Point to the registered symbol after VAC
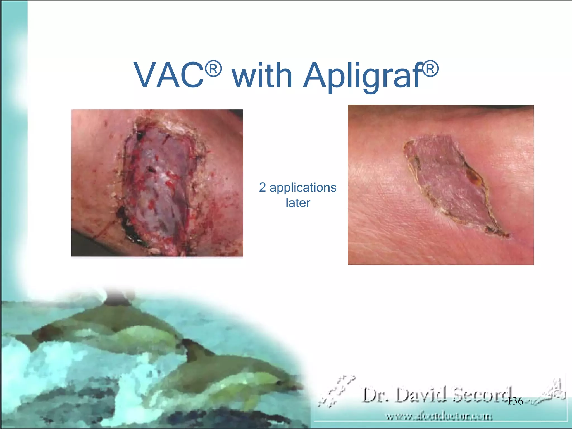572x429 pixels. click(214, 68)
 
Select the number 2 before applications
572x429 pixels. click(262, 187)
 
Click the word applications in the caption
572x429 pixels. click(303, 188)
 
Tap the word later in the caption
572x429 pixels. click(298, 203)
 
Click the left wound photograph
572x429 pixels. click(157, 183)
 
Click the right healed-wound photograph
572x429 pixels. click(441, 185)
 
